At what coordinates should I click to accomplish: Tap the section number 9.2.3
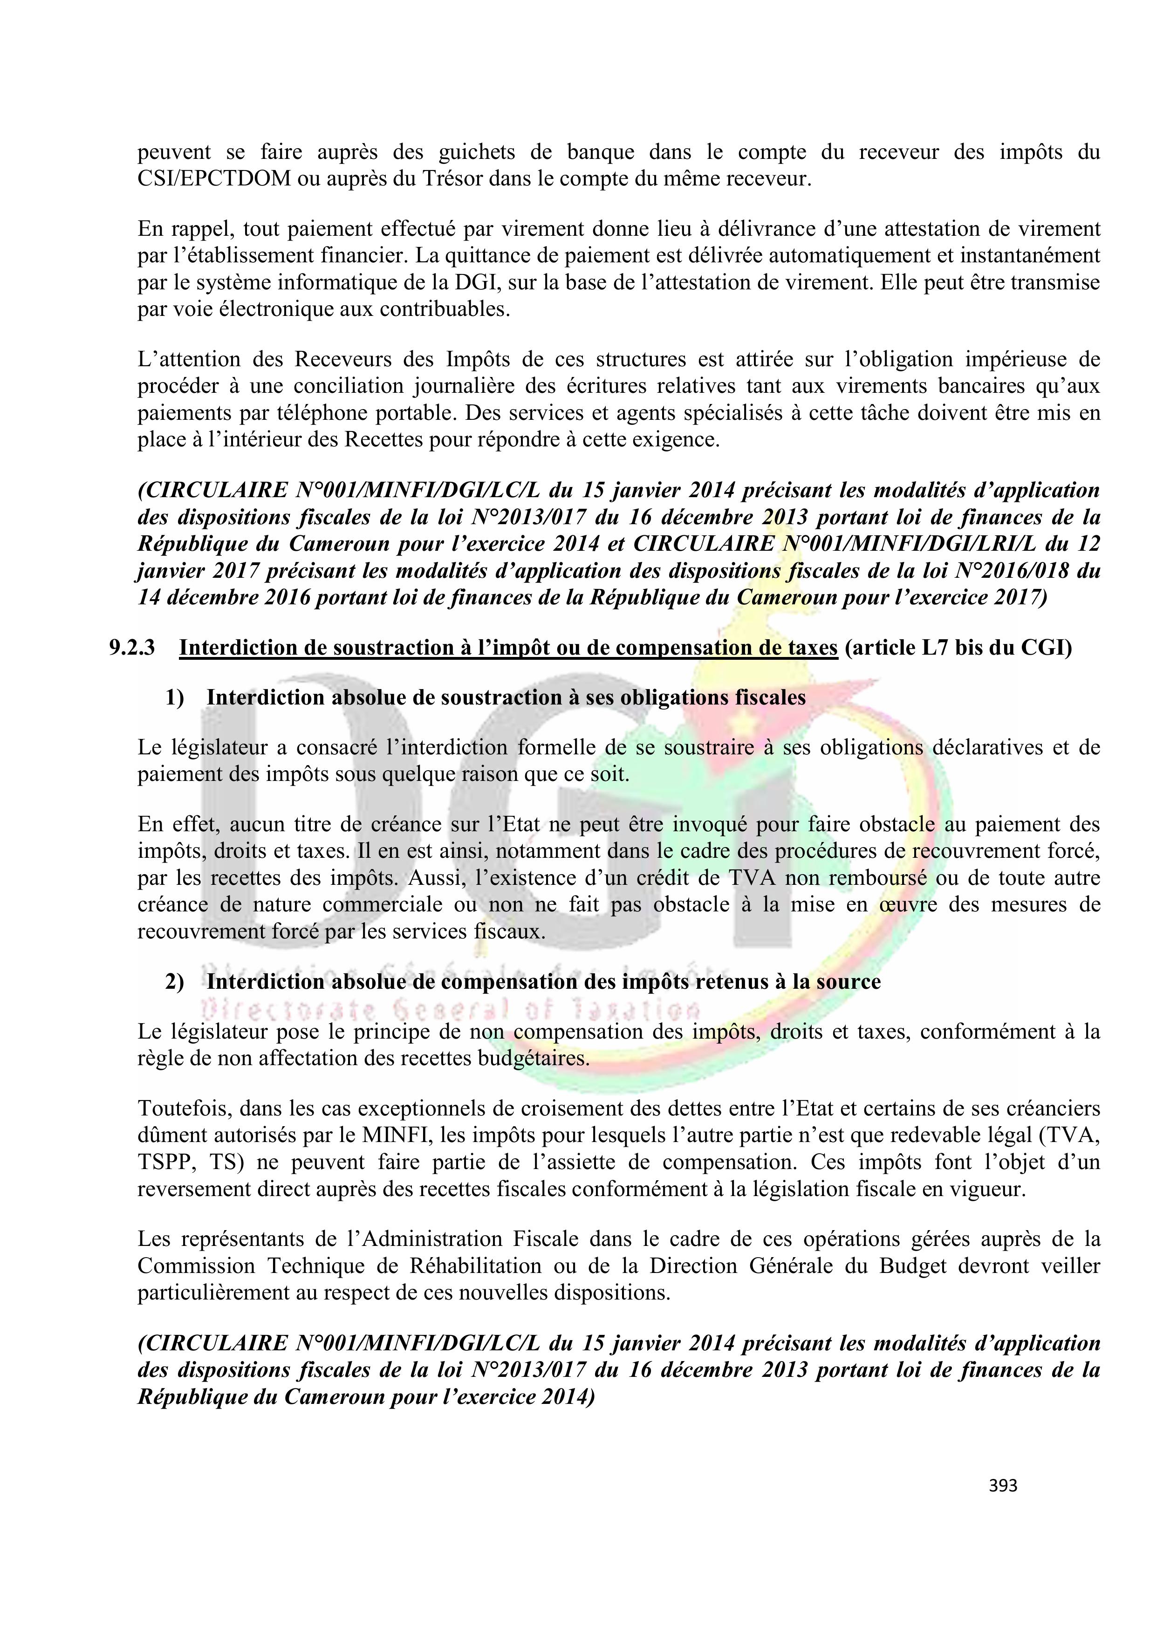132,648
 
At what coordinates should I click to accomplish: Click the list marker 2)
175,982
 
